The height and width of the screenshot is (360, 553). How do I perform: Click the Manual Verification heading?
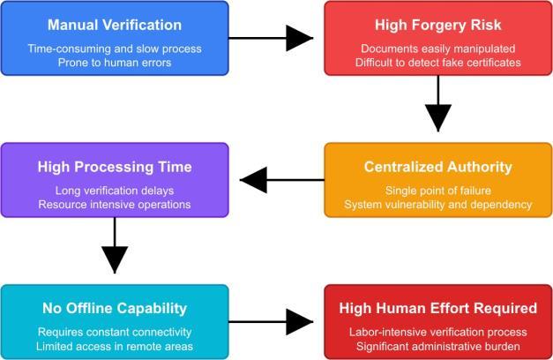point(115,25)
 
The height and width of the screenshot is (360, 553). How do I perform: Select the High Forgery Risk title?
point(438,25)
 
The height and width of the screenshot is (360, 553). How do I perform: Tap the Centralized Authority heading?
point(438,167)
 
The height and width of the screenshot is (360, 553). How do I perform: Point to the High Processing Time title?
point(115,167)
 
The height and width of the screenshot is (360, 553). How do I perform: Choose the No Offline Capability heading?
point(115,309)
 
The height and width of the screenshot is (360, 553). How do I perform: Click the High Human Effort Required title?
point(438,309)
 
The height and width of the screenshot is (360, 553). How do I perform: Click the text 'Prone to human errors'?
point(115,63)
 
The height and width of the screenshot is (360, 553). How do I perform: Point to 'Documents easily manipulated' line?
point(438,48)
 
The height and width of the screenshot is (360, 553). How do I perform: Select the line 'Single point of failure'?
point(438,190)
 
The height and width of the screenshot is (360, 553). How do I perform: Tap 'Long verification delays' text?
point(115,190)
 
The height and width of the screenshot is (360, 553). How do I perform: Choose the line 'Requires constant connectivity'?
point(115,332)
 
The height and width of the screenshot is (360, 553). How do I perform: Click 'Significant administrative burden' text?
point(438,347)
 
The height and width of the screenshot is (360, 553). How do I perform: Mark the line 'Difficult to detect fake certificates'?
point(438,63)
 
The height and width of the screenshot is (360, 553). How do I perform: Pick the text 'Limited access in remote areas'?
point(115,347)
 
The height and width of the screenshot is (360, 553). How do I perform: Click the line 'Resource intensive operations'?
point(115,205)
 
